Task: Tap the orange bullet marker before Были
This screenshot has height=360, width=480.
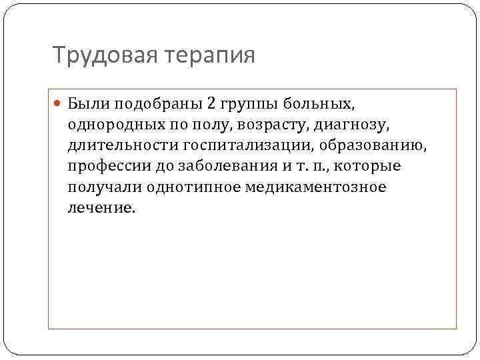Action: tap(59, 105)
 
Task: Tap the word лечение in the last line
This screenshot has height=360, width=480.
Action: tap(100, 207)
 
